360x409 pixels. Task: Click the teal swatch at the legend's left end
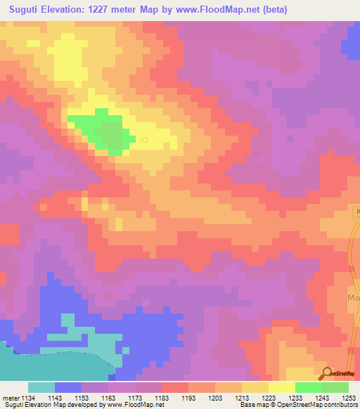tap(41, 387)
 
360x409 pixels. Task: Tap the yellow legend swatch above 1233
tap(281, 387)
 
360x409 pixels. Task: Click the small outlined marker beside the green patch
tap(143, 140)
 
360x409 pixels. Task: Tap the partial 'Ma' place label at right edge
tap(354, 298)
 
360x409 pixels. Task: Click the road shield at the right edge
tap(356, 212)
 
